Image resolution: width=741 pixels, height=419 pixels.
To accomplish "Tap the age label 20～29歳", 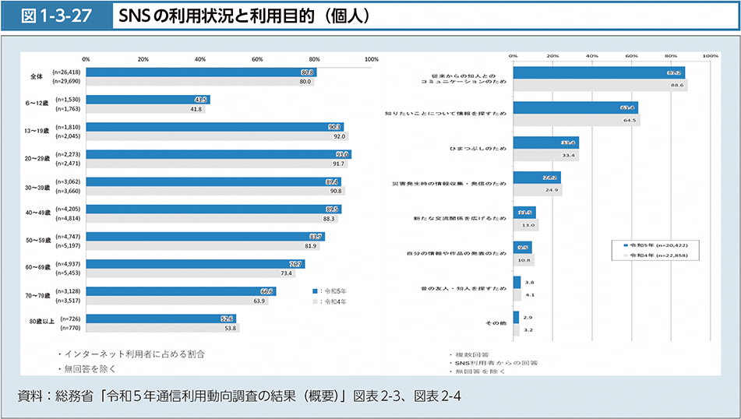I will [x=37, y=159].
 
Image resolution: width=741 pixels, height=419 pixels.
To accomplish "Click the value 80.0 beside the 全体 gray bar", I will [x=305, y=81].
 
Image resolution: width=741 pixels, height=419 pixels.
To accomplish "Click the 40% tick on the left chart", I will [x=200, y=59].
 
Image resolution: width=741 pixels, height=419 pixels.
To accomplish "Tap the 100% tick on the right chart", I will [x=710, y=56].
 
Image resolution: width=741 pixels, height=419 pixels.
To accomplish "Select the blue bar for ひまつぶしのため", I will [x=545, y=143].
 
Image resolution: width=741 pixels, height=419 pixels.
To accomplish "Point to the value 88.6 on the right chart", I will [x=676, y=84].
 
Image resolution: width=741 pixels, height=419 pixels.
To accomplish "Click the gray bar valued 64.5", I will [x=576, y=120].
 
